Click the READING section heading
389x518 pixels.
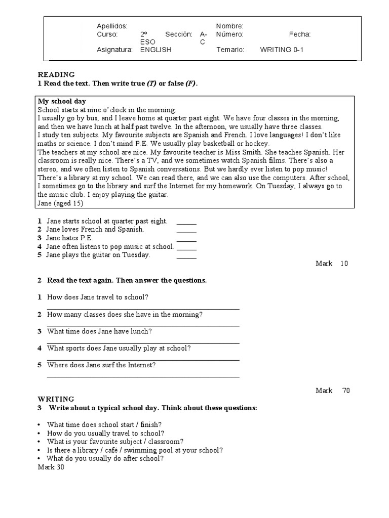point(56,74)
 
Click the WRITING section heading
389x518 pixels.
point(56,399)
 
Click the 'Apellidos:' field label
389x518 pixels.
point(112,26)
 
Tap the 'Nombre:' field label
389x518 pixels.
point(230,26)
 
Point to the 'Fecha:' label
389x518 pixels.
point(300,34)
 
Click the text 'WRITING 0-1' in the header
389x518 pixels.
point(282,50)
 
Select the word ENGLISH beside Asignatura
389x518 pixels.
point(155,50)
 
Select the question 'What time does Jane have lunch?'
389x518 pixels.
point(99,331)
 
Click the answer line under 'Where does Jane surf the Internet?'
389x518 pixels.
point(143,376)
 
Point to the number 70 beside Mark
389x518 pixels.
point(345,391)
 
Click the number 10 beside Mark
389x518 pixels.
point(344,264)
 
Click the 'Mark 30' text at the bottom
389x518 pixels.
point(51,467)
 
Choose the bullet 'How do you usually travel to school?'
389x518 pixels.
point(105,434)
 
